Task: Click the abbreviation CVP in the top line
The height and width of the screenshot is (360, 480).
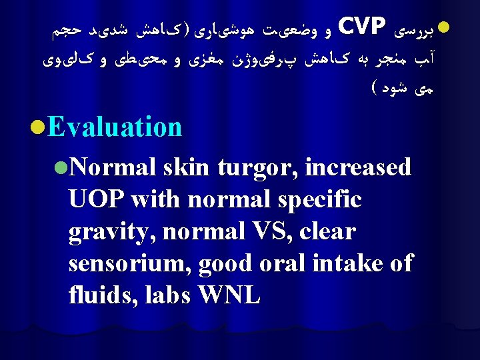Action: click(363, 27)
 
